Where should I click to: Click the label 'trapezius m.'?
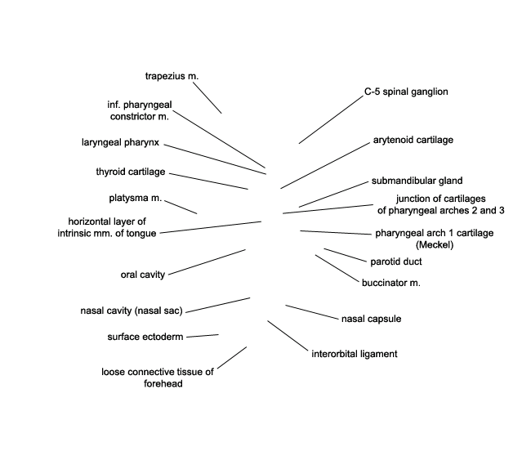pos(172,76)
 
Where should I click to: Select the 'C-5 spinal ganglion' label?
pos(406,92)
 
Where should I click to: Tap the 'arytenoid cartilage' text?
pos(413,140)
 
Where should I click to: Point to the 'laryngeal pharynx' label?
pos(120,142)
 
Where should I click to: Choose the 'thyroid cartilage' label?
pos(131,172)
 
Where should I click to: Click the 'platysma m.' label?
pos(136,198)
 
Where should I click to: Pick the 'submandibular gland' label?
pos(417,181)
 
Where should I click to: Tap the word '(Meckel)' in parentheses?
pos(435,244)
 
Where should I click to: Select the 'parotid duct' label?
pos(396,262)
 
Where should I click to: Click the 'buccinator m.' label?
pos(390,283)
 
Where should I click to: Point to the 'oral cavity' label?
pos(143,275)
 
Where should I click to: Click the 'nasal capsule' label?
pos(371,319)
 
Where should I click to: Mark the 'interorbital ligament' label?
pos(355,354)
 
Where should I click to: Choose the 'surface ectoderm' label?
pos(145,337)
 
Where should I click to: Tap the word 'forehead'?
pos(163,383)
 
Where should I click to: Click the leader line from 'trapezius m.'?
pos(207,98)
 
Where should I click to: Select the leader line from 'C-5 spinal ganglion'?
pos(331,120)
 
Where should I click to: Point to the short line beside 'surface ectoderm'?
pos(203,336)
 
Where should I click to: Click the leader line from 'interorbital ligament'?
pos(288,335)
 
